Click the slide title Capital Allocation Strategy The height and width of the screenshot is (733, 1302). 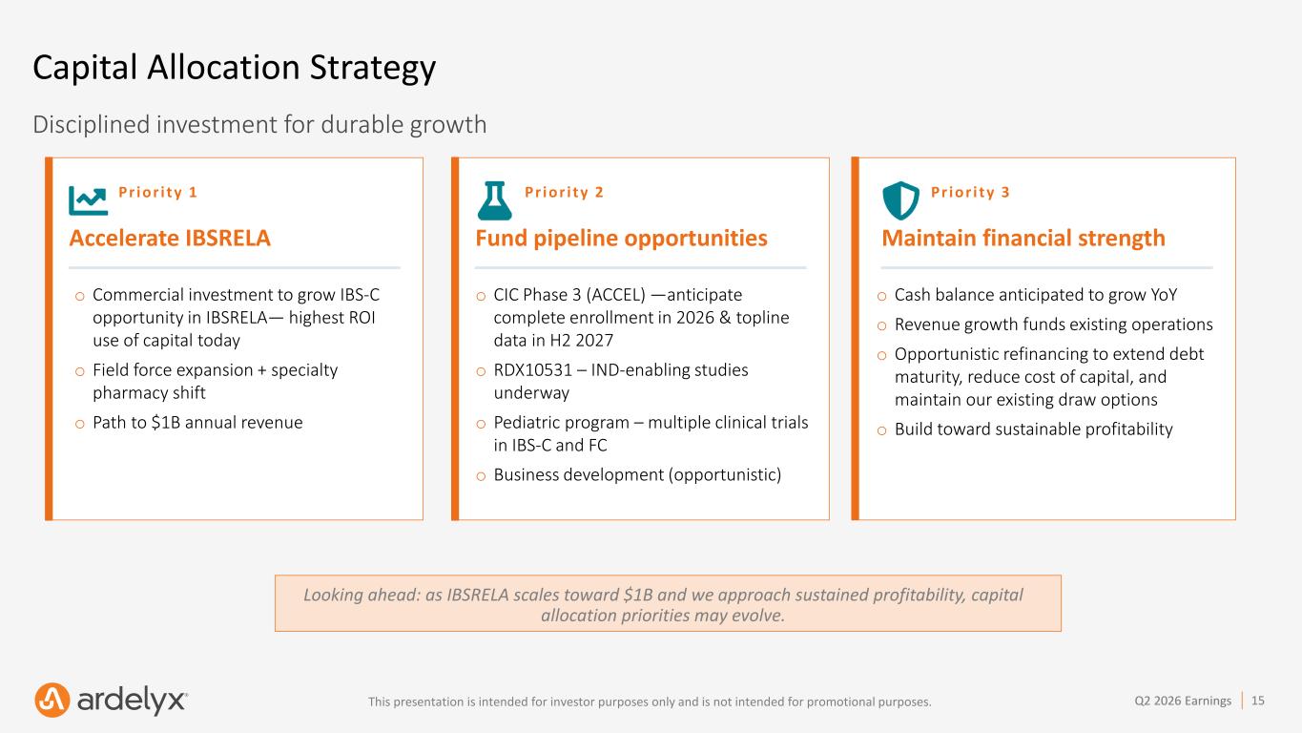tap(235, 68)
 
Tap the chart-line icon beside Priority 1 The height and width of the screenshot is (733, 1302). tap(88, 200)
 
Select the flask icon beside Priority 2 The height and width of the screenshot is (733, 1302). tap(495, 200)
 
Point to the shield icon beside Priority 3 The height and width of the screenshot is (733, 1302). tap(901, 200)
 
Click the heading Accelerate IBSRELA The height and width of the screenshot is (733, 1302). tap(170, 238)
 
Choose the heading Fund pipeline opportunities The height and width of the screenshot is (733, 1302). tap(621, 238)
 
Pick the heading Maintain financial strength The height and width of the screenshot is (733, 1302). tap(1023, 238)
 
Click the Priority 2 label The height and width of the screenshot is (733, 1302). tap(564, 192)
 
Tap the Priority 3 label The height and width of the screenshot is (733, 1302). tap(970, 192)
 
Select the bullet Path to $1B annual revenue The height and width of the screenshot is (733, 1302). tap(197, 423)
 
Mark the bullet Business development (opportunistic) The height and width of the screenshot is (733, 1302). tap(637, 474)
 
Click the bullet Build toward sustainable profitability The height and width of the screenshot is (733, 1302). tap(1033, 429)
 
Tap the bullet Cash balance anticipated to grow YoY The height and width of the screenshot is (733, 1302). tap(1036, 295)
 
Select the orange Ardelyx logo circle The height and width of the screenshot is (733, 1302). tap(52, 700)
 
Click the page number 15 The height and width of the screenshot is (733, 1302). tap(1258, 701)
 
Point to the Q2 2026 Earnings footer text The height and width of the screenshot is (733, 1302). tap(1183, 701)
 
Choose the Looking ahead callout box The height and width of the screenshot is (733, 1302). tap(668, 603)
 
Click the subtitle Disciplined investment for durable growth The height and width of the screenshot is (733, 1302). tap(259, 124)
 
